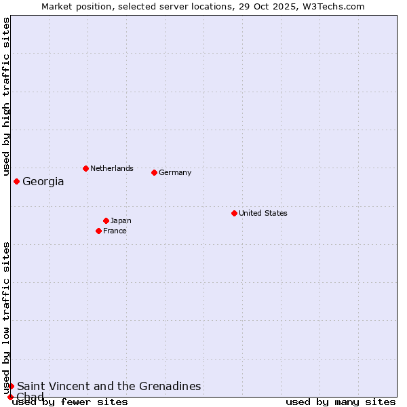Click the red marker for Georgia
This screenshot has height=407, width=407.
pos(16,181)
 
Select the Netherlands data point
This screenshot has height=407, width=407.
pos(85,168)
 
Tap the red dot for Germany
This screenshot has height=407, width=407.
pos(154,172)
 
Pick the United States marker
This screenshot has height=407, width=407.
pos(234,213)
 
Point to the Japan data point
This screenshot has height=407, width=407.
pos(106,220)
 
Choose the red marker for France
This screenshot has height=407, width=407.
pos(98,231)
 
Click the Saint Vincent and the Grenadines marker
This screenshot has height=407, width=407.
pos(11,386)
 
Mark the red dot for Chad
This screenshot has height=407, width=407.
pos(10,397)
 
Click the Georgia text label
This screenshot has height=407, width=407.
pos(43,181)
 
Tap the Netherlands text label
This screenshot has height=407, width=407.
pos(112,168)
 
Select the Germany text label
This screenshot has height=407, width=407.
pos(175,172)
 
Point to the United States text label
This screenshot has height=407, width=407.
pos(263,213)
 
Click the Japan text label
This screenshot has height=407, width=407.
pos(121,220)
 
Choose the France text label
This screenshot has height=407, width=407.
pos(115,231)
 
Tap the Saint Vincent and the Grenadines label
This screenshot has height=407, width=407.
pos(109,386)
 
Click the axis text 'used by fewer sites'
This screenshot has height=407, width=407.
pos(70,402)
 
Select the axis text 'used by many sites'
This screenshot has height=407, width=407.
pos(341,402)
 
